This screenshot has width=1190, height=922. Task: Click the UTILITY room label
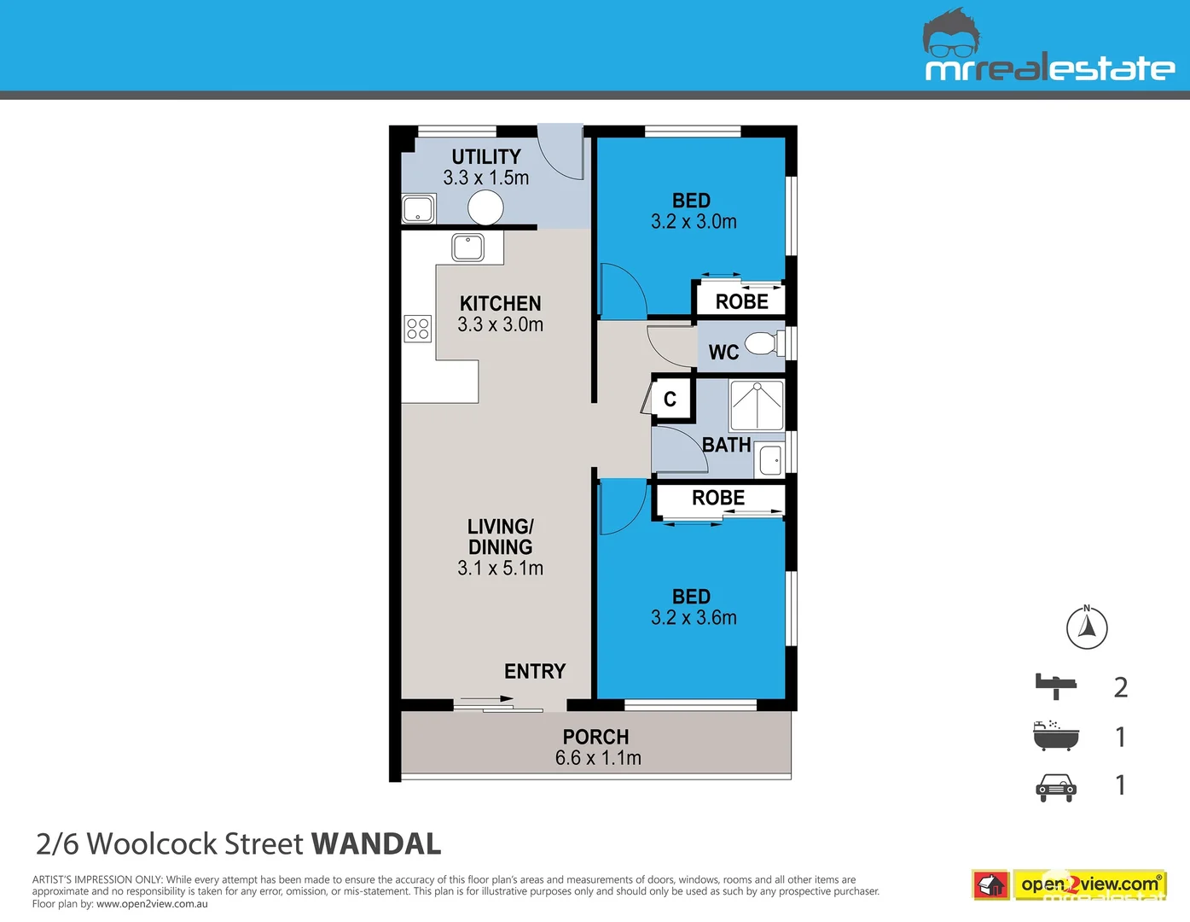485,157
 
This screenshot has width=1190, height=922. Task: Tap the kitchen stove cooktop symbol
418,329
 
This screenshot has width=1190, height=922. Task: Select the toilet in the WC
764,343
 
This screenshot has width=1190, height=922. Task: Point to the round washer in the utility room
485,207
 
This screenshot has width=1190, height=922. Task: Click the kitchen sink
467,247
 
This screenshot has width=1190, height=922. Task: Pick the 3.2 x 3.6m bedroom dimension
694,618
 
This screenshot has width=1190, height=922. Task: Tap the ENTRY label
535,671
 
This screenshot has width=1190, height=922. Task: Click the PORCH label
595,737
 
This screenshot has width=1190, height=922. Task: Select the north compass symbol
1087,627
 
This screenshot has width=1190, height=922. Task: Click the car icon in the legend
1056,788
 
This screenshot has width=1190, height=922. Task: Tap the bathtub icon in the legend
1055,736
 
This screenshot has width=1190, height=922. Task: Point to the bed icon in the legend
1056,686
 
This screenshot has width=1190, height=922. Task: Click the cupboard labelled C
670,399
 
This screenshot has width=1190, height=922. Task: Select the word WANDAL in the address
377,843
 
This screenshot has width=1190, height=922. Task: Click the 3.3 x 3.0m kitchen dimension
500,325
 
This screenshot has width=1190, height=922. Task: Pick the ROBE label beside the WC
741,302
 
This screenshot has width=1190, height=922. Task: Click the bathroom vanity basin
770,459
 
